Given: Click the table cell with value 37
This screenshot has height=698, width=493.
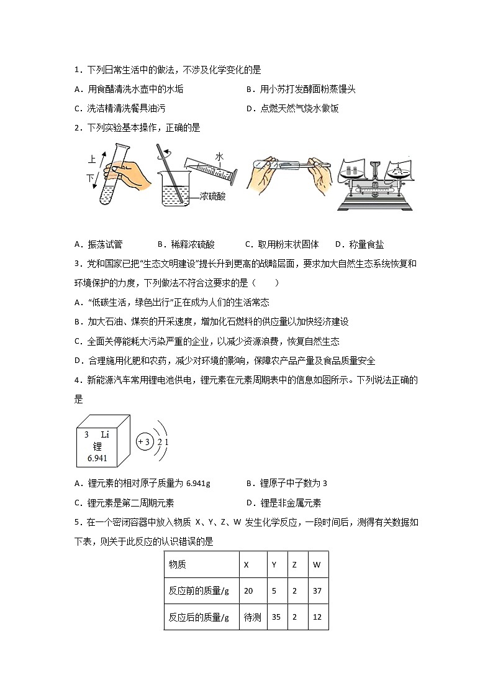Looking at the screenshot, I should tap(317, 590).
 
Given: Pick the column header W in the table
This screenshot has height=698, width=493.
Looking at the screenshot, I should tap(317, 564).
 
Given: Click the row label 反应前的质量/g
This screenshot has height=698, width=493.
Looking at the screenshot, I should tap(199, 590).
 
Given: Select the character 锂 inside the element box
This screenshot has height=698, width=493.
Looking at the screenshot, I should tap(97, 446).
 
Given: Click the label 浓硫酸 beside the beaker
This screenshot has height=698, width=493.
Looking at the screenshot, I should tap(211, 197).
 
